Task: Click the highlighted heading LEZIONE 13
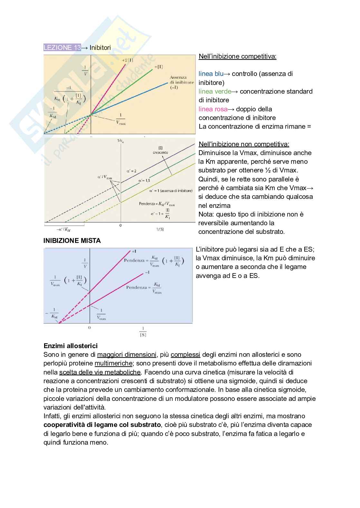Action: (62, 48)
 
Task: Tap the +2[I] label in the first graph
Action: (128, 60)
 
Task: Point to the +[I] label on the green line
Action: (158, 67)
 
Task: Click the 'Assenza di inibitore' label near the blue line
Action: (182, 82)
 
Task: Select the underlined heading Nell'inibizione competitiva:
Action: (237, 57)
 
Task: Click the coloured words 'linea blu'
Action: (211, 74)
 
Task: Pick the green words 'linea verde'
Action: (215, 91)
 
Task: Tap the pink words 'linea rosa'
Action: (213, 109)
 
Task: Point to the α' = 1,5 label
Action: (144, 180)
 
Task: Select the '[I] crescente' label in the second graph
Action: (160, 150)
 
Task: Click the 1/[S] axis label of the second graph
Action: (160, 229)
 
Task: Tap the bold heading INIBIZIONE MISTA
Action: (72, 241)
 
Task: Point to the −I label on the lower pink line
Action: (147, 272)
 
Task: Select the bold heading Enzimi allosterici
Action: (71, 346)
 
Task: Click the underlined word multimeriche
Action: (113, 364)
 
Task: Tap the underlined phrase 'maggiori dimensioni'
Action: (127, 355)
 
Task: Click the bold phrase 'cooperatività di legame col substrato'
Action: (102, 425)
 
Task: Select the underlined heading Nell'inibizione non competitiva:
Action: (244, 144)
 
